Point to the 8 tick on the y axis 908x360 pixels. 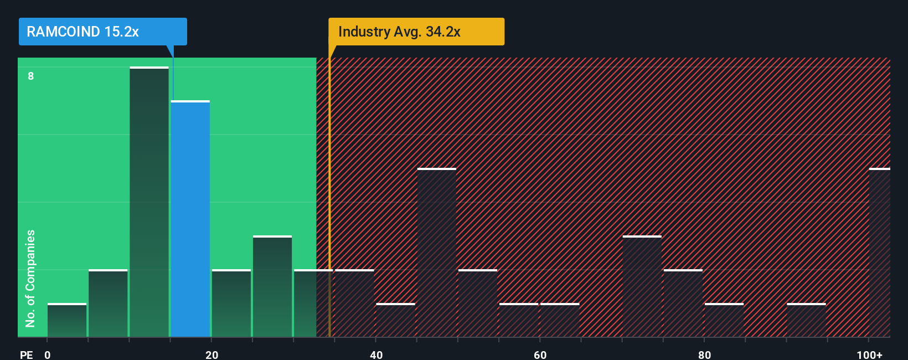pos(31,76)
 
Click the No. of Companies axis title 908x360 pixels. pos(30,278)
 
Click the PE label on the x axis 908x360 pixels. pos(26,354)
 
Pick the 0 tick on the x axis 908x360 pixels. pos(48,354)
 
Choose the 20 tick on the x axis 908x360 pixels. pos(211,354)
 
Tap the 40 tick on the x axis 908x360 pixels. pos(376,354)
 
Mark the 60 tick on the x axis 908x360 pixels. pos(540,354)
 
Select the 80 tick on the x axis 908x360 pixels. pos(704,354)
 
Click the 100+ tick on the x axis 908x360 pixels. pos(869,354)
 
